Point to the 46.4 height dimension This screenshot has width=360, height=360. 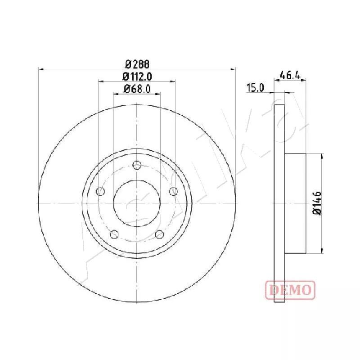click(x=290, y=75)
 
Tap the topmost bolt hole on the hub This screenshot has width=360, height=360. click(x=136, y=165)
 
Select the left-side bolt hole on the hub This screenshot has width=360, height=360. click(x=101, y=192)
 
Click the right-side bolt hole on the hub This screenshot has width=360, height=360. click(x=172, y=192)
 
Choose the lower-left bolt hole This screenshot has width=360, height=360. click(x=114, y=234)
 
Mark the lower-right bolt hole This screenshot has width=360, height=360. click(x=159, y=234)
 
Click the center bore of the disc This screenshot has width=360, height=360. click(x=136, y=203)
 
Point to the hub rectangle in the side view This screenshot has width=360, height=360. click(x=296, y=203)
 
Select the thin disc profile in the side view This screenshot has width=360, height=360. click(x=280, y=203)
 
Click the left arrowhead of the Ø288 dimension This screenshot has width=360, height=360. click(x=40, y=69)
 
